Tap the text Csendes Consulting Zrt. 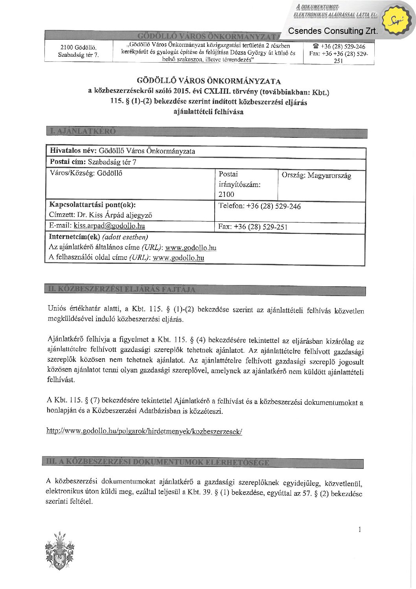pos(333,31)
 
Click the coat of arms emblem pos(60,551)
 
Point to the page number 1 pos(359,530)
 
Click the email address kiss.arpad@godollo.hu pos(109,226)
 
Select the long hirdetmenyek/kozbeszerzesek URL pos(144,431)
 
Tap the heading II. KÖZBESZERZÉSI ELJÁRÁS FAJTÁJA pos(121,290)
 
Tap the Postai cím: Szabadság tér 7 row pos(93,162)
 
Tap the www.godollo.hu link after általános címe pos(191,248)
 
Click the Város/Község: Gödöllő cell pos(86,173)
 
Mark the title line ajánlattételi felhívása pos(208,112)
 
